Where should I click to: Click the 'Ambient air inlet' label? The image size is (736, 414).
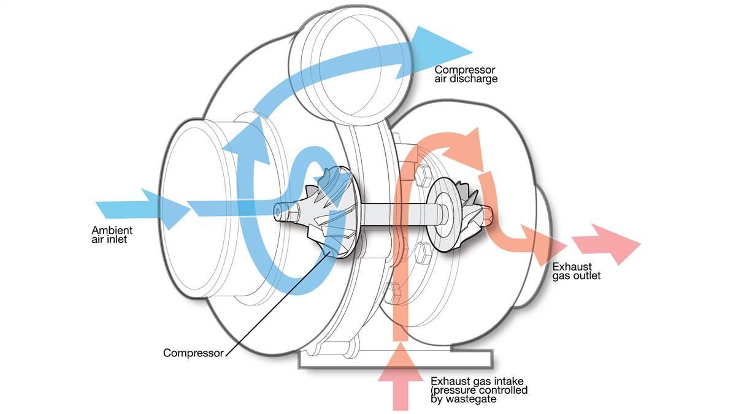tap(112, 235)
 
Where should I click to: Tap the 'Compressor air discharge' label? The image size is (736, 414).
tap(466, 74)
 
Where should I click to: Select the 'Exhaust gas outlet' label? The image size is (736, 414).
tap(577, 271)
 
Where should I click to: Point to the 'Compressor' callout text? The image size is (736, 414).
tap(193, 353)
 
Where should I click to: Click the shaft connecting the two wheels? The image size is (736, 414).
tap(393, 215)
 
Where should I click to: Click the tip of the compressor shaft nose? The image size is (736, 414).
tap(279, 210)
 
